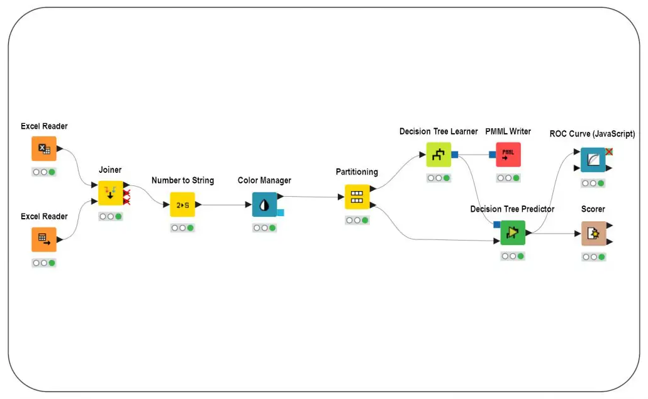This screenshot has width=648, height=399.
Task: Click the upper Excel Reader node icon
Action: pos(44,148)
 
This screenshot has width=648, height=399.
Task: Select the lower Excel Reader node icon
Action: pos(44,239)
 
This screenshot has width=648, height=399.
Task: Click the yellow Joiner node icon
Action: pos(110,193)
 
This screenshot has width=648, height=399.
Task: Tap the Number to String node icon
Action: pos(182,205)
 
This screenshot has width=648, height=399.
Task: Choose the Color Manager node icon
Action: pos(264,205)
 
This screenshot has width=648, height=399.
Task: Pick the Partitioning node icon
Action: pos(357,197)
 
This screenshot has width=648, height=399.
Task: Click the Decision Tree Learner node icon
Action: pos(439,155)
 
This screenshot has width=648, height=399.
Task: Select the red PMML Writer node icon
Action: pos(508,155)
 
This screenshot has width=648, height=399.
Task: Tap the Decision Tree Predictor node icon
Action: pos(513,232)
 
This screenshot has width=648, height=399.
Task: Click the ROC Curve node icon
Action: pos(593,160)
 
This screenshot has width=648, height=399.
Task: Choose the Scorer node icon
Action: pos(594,234)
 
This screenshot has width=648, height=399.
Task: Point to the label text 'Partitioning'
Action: pos(357,172)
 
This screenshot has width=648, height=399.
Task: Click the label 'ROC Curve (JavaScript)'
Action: pos(592,134)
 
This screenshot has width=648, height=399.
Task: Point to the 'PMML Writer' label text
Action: pos(508,131)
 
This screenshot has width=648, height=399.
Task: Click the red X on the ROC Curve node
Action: pos(609,151)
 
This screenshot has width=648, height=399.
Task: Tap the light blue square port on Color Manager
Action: pos(280,212)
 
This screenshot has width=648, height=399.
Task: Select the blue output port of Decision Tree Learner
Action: pos(455,155)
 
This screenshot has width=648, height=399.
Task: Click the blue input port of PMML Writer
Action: pos(492,155)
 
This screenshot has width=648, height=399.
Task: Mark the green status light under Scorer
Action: pos(601,257)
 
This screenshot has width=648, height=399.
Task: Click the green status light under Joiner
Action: pos(119,216)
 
